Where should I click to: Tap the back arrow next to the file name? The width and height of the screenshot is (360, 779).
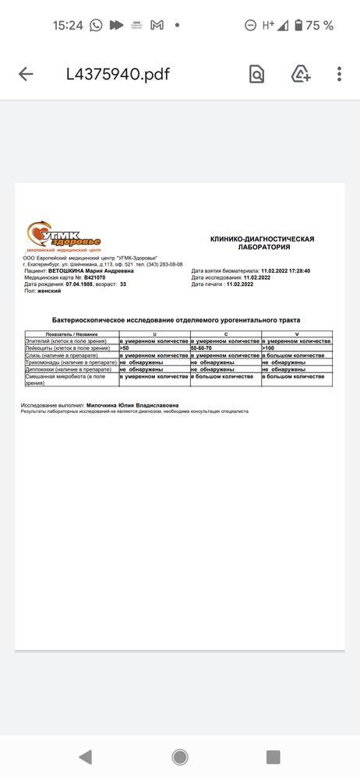[26, 74]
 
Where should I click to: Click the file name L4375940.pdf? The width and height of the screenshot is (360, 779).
[118, 74]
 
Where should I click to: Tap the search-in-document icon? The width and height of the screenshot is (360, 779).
[256, 74]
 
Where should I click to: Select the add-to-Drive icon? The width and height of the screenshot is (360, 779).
[301, 74]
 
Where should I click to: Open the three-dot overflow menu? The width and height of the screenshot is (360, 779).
[340, 74]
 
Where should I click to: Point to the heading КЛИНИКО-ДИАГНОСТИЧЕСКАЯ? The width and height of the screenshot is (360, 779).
[262, 238]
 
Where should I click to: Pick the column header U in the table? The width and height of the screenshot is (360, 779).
[154, 334]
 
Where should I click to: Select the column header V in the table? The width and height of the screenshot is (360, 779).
[296, 334]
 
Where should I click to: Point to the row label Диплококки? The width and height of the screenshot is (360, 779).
[41, 369]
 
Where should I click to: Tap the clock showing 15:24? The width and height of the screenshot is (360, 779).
[68, 25]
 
